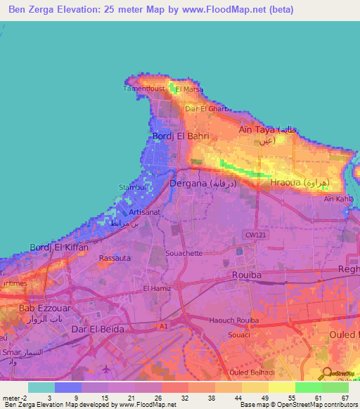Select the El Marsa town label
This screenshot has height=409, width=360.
tap(189, 90)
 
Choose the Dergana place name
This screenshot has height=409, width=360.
tap(188, 183)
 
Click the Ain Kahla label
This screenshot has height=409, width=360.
tap(337, 199)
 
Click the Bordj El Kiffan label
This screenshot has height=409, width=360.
tap(58, 247)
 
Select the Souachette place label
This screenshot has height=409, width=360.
tap(183, 252)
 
